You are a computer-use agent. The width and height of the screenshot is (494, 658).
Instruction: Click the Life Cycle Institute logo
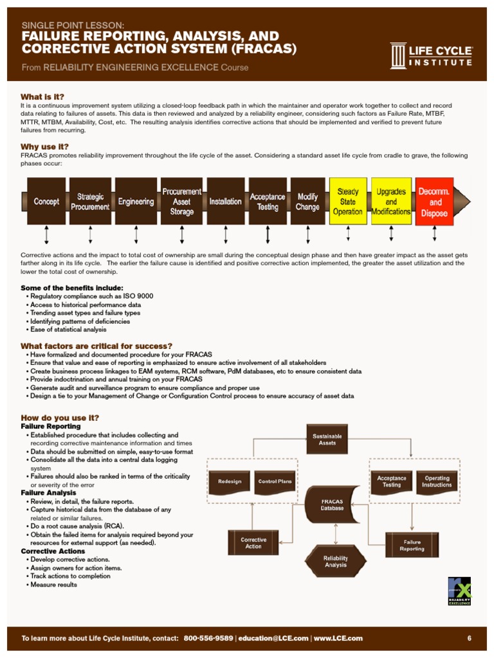pos(431,56)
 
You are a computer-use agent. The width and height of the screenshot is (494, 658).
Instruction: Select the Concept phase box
pos(46,201)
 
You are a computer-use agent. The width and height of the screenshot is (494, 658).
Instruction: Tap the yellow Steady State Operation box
pos(348,201)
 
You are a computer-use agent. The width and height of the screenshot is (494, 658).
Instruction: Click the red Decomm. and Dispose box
pos(434,201)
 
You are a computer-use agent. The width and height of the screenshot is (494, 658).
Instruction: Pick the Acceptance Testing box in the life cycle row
pos(267,201)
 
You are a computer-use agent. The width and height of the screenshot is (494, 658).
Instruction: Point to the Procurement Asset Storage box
pos(181,201)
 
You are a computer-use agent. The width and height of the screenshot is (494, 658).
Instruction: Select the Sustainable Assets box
pos(327,440)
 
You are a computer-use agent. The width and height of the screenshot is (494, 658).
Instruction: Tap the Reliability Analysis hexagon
pos(335,561)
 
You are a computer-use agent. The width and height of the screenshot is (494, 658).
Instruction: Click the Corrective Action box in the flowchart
pos(253,542)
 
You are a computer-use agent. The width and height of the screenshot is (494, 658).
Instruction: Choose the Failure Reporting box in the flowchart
pos(412,545)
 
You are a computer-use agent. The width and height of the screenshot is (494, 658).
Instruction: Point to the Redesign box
pos(230,481)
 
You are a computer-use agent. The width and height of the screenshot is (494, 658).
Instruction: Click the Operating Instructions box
pos(437,481)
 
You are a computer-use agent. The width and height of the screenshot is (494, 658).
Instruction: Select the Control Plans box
pos(275,481)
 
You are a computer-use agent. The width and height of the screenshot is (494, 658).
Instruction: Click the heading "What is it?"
pos(42,96)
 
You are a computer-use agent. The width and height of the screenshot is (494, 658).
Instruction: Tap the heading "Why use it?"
pos(44,147)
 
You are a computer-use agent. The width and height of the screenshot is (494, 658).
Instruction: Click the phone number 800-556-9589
pos(208,638)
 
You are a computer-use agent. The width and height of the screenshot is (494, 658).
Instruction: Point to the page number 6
pos(470,638)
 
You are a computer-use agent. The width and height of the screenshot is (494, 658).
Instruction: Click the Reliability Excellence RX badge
pos(459,591)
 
